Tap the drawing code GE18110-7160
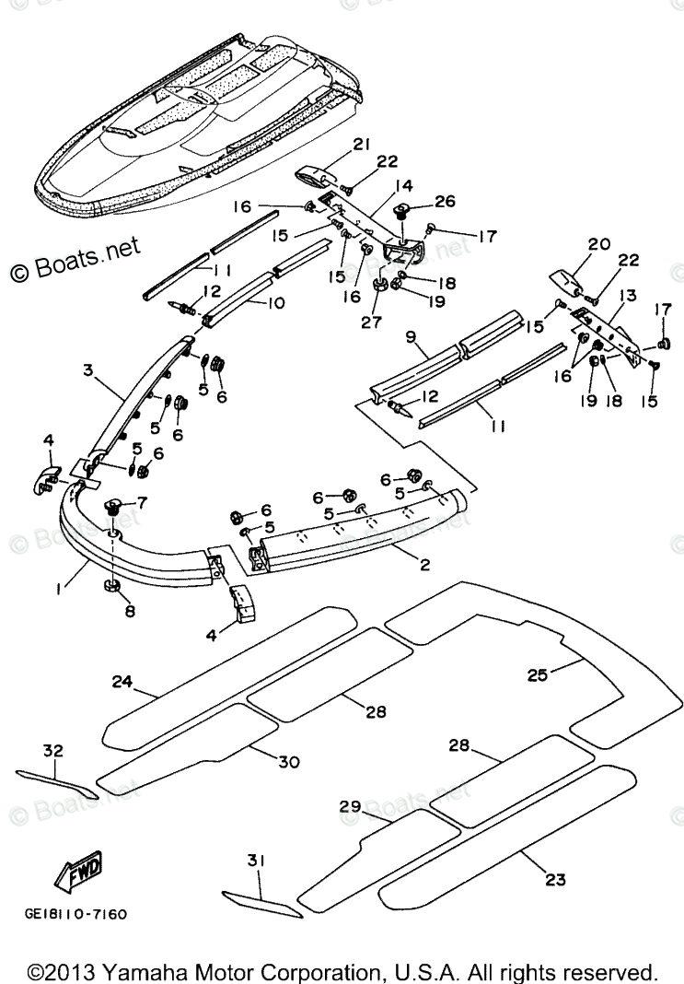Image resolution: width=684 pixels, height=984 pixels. [75, 914]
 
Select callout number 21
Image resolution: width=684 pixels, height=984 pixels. [361, 145]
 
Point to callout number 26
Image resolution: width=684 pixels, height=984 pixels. [445, 202]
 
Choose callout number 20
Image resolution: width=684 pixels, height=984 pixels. [599, 244]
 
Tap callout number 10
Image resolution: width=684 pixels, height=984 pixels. [275, 301]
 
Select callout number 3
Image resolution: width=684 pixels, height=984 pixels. [88, 370]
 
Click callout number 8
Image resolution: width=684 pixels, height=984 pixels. [129, 610]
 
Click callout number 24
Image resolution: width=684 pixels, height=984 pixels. [123, 683]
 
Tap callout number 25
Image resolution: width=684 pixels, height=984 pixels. [537, 674]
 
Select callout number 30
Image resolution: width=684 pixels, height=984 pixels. [289, 760]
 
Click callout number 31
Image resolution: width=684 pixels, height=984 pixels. [255, 861]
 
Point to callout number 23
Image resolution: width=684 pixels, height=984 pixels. [555, 880]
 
